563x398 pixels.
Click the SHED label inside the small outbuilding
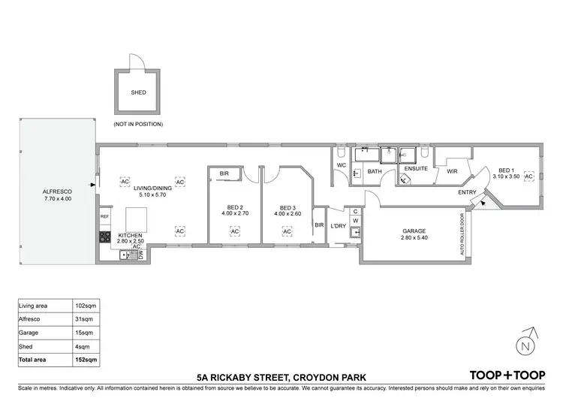[137, 94]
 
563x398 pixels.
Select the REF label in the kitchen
[105, 216]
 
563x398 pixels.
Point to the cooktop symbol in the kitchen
[105, 238]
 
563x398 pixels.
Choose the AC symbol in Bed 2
[234, 231]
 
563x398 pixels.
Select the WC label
[341, 164]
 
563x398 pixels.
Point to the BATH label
[375, 172]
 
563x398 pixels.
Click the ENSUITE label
[416, 168]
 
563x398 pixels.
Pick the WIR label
[452, 172]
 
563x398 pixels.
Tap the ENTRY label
[467, 193]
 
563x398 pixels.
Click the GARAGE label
[414, 231]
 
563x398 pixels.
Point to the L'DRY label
[338, 225]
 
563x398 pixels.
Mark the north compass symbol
[526, 346]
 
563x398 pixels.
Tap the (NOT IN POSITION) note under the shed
[137, 124]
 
